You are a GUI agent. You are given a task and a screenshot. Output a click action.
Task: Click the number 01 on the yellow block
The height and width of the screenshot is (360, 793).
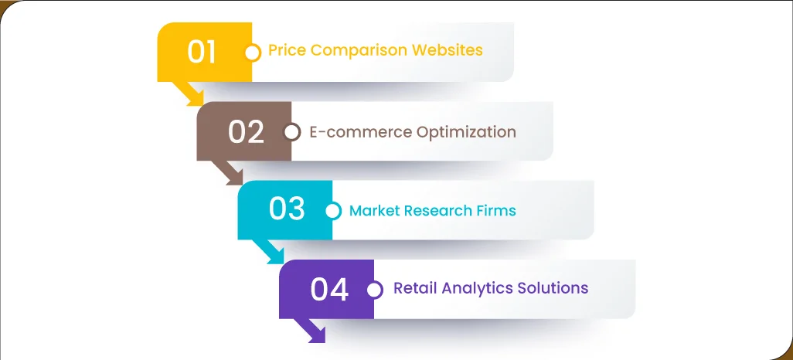[x=202, y=52]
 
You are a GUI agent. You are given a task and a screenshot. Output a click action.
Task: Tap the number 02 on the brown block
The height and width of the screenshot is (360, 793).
[x=246, y=132]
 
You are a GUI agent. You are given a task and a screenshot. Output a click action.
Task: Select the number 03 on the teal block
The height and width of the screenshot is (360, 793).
[x=287, y=210]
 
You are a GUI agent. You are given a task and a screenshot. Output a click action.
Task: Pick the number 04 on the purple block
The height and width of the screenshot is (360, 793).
[x=330, y=290]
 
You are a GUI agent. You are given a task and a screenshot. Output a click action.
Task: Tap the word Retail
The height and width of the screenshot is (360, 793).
[x=414, y=288]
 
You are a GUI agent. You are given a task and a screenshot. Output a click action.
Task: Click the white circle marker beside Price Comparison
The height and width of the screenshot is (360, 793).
[x=252, y=53]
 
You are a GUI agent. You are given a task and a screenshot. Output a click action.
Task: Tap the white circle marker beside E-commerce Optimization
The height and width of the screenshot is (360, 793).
[x=292, y=132]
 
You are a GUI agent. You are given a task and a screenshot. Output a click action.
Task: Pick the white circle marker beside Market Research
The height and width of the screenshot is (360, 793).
[x=333, y=211]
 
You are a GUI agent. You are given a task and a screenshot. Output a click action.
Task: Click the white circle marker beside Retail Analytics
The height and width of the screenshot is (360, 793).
[x=375, y=290]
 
